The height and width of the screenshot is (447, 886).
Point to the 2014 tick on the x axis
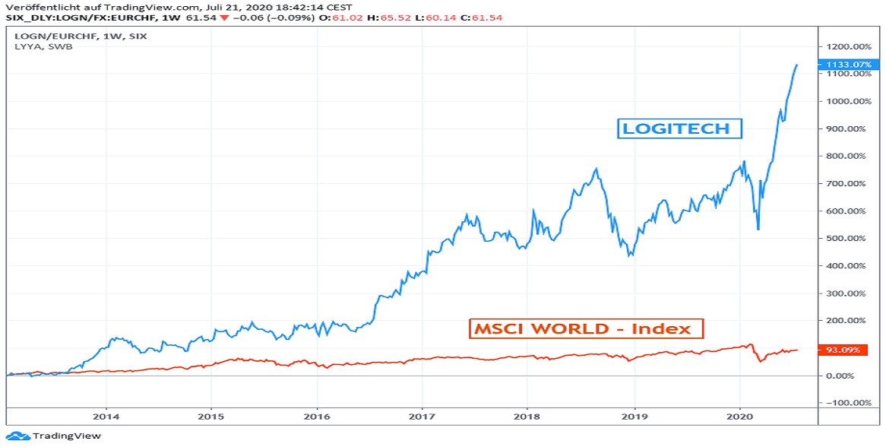point(106,417)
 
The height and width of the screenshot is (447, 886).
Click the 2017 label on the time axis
point(422,417)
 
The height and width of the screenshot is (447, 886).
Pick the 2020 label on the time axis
point(740,417)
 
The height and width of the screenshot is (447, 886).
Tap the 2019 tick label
point(634,417)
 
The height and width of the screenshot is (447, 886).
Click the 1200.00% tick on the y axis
point(849,46)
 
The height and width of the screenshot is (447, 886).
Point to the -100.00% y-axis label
point(849,403)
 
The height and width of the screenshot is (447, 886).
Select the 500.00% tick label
point(849,239)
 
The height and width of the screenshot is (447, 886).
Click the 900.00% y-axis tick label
point(849,129)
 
